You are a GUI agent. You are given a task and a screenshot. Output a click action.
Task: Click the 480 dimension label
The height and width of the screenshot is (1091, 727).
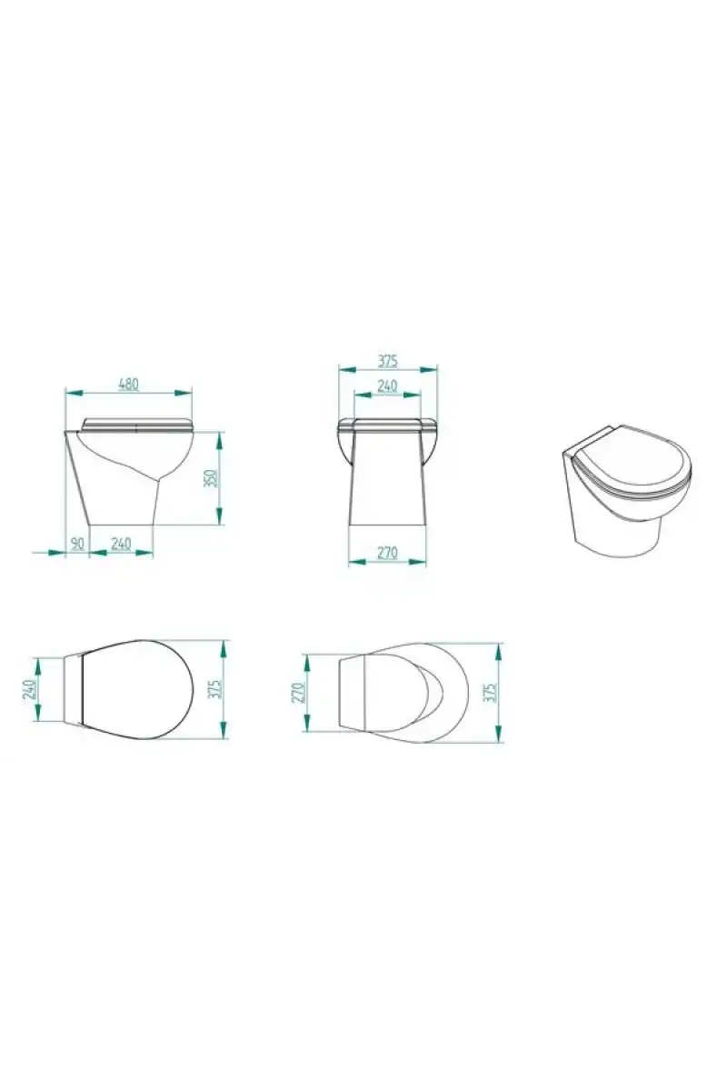(x=129, y=384)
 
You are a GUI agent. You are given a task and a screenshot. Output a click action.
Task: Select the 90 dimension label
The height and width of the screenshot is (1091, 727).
(x=77, y=543)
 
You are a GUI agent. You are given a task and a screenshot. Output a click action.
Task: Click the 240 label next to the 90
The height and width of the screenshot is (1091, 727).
(x=121, y=543)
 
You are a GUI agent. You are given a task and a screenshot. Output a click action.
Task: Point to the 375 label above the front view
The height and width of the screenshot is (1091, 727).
(x=388, y=361)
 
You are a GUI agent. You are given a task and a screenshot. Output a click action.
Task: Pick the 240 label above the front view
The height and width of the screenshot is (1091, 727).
(x=388, y=385)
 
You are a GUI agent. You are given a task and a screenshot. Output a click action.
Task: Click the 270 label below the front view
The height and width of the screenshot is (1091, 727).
(x=388, y=553)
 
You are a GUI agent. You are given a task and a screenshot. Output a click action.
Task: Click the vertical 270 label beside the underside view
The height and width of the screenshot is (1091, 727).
(x=297, y=693)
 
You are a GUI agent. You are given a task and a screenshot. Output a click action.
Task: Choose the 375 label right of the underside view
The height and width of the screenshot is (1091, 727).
(x=491, y=692)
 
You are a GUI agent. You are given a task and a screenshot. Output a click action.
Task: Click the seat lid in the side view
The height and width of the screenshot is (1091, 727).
(x=138, y=425)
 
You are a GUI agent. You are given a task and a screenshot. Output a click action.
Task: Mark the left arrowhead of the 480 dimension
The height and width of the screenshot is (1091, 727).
(x=73, y=392)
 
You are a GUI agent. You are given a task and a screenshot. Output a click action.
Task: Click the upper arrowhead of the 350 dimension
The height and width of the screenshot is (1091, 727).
(x=220, y=440)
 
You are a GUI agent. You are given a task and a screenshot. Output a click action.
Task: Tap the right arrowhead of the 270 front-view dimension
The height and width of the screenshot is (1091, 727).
(x=418, y=562)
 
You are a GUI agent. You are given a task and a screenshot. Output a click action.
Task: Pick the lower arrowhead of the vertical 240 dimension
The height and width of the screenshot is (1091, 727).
(x=36, y=713)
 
